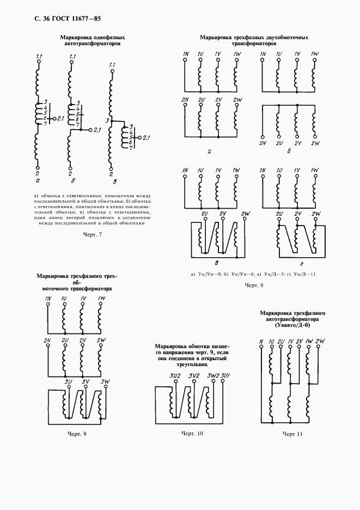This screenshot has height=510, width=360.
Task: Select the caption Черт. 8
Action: tap(254, 285)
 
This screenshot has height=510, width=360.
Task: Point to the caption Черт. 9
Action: tap(76, 434)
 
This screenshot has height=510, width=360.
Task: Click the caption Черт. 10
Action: tap(192, 434)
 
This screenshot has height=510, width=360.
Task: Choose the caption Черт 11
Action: tap(292, 434)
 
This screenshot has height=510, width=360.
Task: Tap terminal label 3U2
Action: tap(175, 376)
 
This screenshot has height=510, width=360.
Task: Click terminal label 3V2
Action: tap(194, 376)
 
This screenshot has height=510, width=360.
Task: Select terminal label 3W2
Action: tap(213, 376)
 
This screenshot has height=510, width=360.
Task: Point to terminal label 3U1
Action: tap(225, 376)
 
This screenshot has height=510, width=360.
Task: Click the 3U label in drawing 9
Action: tap(69, 381)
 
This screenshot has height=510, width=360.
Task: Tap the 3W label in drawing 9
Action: tap(106, 381)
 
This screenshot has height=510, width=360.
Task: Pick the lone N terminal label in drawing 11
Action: tap(261, 342)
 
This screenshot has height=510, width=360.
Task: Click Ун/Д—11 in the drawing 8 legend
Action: tap(304, 274)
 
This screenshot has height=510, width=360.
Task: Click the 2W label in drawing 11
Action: tap(321, 342)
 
